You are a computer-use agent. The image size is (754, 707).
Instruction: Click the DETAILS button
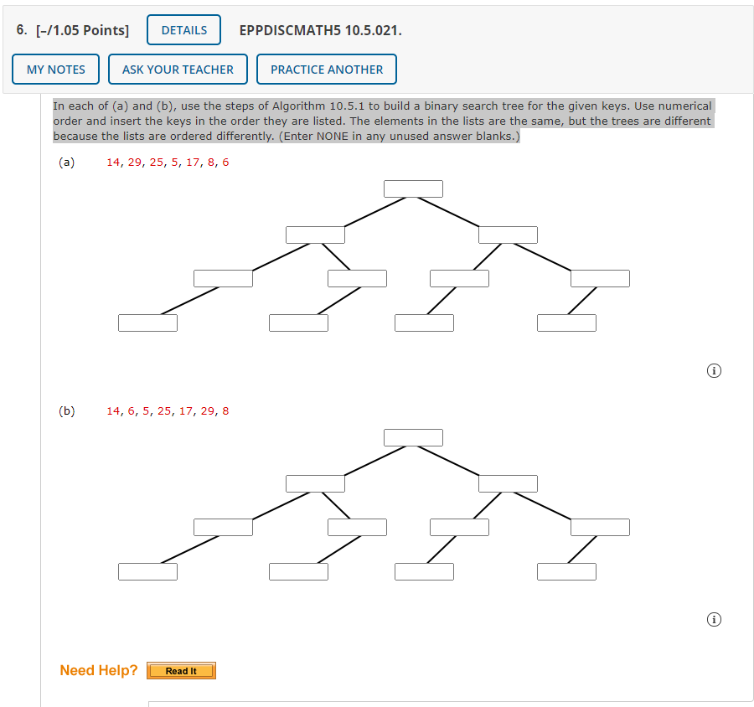click(183, 30)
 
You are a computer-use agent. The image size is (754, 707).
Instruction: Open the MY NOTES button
click(56, 70)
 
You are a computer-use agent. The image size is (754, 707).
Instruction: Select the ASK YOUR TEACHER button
click(178, 70)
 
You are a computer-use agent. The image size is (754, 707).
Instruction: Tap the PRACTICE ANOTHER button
click(327, 70)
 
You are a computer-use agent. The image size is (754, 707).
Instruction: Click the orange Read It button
click(181, 671)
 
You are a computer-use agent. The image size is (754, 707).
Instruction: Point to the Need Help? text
click(99, 670)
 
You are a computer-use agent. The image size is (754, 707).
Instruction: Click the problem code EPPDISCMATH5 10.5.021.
click(320, 30)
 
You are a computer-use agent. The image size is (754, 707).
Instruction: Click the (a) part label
click(66, 163)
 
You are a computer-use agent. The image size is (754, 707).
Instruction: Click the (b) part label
click(66, 411)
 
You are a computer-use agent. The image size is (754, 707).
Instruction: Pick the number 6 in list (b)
click(132, 411)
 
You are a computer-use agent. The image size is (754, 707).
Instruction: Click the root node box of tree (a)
click(413, 189)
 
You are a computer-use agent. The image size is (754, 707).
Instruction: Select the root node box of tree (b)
click(413, 438)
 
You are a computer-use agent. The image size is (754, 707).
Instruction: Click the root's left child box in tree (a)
click(315, 235)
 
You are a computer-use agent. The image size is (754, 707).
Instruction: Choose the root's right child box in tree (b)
click(508, 483)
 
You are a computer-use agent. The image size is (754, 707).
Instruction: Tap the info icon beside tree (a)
click(714, 371)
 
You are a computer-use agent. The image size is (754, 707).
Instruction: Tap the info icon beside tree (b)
click(714, 620)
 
